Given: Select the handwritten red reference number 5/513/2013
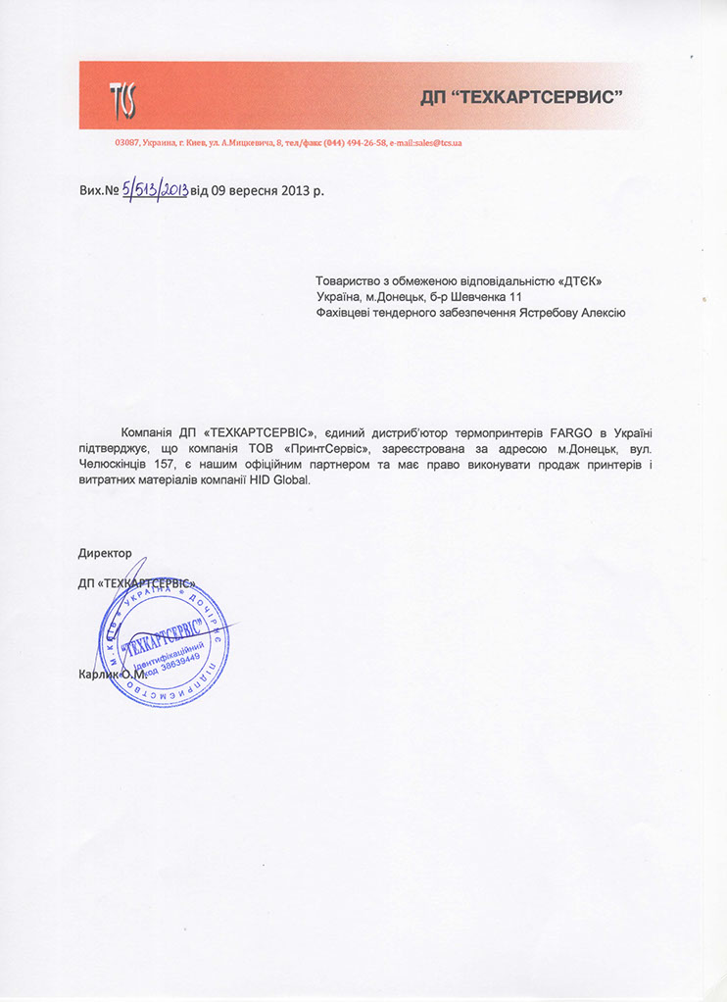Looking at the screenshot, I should coord(154,190).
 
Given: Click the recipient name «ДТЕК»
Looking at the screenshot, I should coord(579,281).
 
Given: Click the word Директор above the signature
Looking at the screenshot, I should coord(105,553).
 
